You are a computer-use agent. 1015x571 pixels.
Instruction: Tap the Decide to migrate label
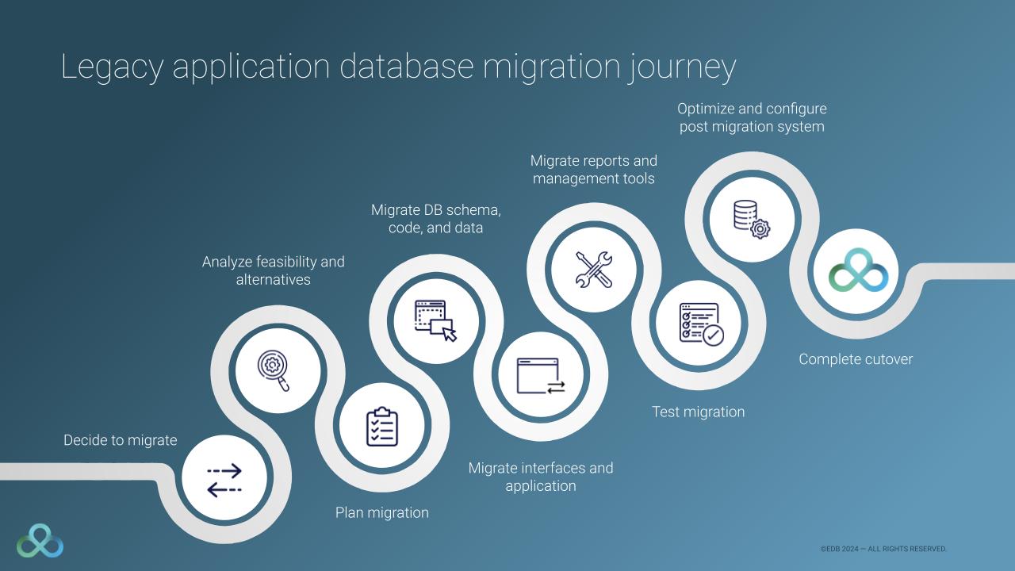pos(121,440)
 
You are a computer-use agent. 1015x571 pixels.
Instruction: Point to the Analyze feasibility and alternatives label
pos(274,270)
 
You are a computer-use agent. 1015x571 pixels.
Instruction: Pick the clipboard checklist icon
pos(381,427)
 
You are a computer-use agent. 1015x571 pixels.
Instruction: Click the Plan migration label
pos(382,513)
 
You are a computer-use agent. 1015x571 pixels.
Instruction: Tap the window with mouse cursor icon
pos(436,320)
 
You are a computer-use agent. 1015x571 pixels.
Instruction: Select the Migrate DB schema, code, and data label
pos(436,219)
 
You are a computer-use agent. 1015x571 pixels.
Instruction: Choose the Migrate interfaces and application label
pos(541,477)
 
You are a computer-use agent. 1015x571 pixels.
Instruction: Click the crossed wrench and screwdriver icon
pos(593,268)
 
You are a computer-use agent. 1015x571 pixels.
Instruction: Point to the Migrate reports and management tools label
pos(594,170)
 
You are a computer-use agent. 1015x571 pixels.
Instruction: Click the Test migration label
pos(699,412)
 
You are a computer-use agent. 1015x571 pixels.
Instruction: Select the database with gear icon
pos(751,217)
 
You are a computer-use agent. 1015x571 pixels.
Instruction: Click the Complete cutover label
pos(856,359)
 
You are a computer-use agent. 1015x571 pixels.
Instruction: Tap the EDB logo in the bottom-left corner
pos(40,540)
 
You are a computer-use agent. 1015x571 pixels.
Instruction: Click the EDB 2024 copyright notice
pos(883,549)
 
